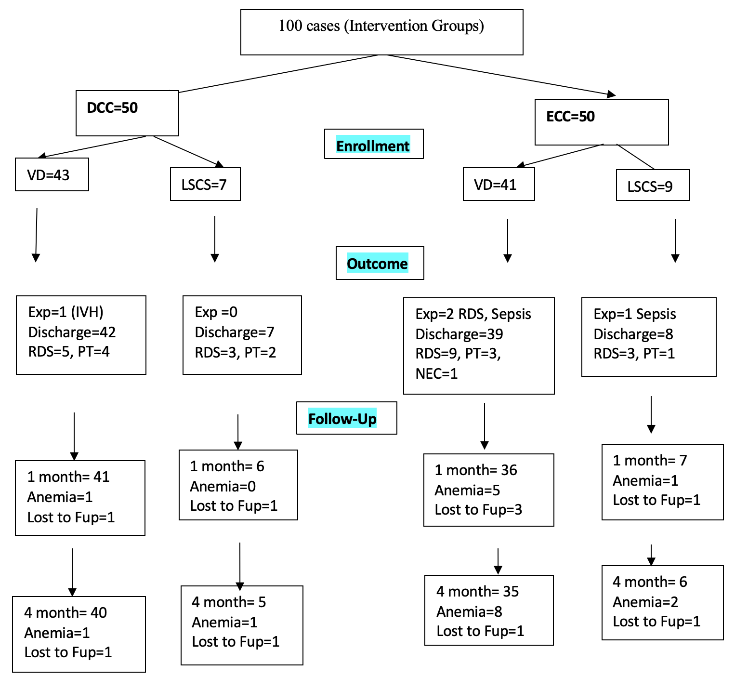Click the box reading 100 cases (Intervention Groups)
[x=381, y=32]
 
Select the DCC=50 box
[x=127, y=113]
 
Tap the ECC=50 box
[x=601, y=122]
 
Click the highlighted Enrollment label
[x=373, y=146]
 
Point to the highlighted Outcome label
[x=377, y=264]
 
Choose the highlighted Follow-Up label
[x=342, y=419]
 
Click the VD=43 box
[x=52, y=174]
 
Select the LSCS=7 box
[x=205, y=184]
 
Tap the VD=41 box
[x=499, y=184]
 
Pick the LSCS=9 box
[x=653, y=186]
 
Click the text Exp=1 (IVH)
[x=66, y=312]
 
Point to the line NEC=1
[x=436, y=373]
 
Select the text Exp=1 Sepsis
[x=635, y=314]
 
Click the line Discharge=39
[x=459, y=334]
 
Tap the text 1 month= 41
[x=68, y=477]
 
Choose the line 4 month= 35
[x=477, y=591]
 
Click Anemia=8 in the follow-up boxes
[x=469, y=611]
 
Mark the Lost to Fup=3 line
[x=478, y=510]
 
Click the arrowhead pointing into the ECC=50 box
[x=611, y=94]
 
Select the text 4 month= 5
[x=229, y=602]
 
